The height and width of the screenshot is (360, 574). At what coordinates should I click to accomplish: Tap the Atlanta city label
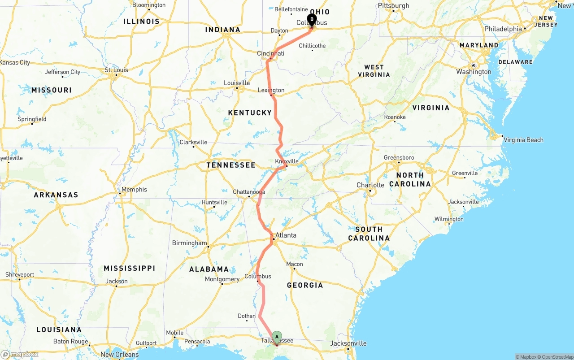click(x=286, y=235)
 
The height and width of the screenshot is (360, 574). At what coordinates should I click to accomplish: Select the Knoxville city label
click(x=287, y=161)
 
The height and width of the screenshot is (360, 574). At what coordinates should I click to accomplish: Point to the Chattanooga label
click(x=249, y=192)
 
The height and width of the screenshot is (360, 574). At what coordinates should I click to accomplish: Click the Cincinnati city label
click(x=270, y=53)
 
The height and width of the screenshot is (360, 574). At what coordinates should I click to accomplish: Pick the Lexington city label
click(x=271, y=90)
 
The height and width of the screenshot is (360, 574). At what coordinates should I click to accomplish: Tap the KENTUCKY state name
click(x=250, y=113)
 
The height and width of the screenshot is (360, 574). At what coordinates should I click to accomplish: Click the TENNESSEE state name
click(x=231, y=165)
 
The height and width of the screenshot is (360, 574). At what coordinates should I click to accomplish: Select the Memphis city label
click(x=134, y=190)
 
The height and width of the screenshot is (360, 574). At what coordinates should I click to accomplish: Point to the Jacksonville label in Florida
click(x=348, y=343)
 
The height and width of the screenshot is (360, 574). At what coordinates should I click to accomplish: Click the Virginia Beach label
click(x=523, y=140)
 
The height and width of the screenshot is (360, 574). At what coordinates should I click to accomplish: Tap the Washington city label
click(x=474, y=72)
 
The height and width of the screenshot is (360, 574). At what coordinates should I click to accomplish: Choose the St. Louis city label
click(x=116, y=70)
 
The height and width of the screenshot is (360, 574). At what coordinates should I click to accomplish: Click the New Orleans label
click(x=120, y=355)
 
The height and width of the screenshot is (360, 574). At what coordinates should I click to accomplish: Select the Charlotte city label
click(x=370, y=185)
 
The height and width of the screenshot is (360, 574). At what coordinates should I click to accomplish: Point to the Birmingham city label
click(x=190, y=243)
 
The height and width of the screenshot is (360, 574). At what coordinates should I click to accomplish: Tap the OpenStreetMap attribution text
click(x=557, y=357)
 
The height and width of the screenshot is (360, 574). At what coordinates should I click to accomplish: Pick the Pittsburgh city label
click(x=394, y=5)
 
